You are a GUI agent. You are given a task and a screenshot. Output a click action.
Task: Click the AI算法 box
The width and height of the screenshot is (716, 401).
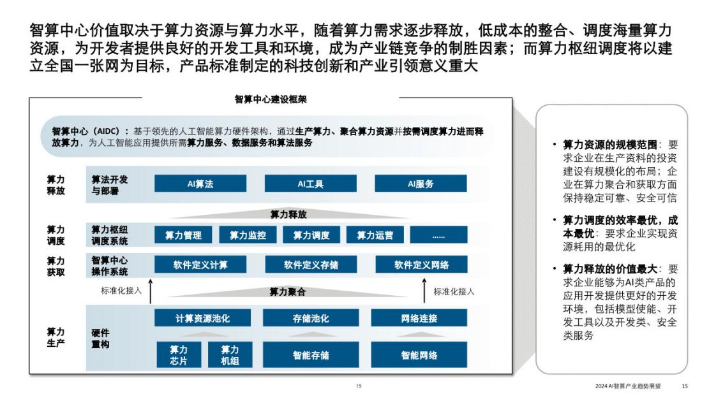(200, 184)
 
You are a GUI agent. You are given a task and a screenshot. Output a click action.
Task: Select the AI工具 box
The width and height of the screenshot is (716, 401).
(311, 184)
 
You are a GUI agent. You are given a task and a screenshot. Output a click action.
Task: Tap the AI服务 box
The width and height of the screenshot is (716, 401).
(421, 184)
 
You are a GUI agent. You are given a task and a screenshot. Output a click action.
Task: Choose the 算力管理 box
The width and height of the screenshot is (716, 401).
(183, 235)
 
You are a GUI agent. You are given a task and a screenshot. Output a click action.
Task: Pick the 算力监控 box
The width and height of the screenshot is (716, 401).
(248, 235)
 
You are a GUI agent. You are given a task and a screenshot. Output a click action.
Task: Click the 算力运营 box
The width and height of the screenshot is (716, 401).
(375, 235)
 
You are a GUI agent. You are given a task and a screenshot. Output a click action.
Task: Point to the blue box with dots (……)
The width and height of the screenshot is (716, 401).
(438, 235)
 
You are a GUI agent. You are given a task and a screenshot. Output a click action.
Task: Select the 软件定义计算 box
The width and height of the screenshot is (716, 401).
(200, 265)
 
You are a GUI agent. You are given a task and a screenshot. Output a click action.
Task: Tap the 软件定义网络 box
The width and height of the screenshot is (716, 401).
(421, 265)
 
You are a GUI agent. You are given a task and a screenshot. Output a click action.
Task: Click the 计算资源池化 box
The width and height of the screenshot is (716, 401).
(202, 318)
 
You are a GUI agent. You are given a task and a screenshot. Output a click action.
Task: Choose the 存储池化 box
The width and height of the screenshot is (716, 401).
(311, 318)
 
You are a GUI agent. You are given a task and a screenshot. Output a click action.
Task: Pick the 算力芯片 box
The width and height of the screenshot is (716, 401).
(179, 354)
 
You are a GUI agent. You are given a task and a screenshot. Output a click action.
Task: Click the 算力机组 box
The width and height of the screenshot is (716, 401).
(230, 354)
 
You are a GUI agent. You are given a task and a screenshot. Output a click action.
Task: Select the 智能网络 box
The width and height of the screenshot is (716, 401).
(419, 354)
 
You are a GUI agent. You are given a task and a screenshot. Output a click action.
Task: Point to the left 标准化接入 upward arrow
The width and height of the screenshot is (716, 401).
(151, 291)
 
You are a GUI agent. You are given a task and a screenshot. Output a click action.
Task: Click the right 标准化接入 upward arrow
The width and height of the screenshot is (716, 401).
(424, 291)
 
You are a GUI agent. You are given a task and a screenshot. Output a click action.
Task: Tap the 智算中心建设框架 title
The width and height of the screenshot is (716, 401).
(271, 99)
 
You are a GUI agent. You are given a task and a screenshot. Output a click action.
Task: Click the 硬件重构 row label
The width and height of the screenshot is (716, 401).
(100, 338)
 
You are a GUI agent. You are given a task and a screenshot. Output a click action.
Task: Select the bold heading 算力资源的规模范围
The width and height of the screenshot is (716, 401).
(609, 145)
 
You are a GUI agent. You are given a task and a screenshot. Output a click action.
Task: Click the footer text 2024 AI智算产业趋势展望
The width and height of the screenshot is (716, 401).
(628, 386)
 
